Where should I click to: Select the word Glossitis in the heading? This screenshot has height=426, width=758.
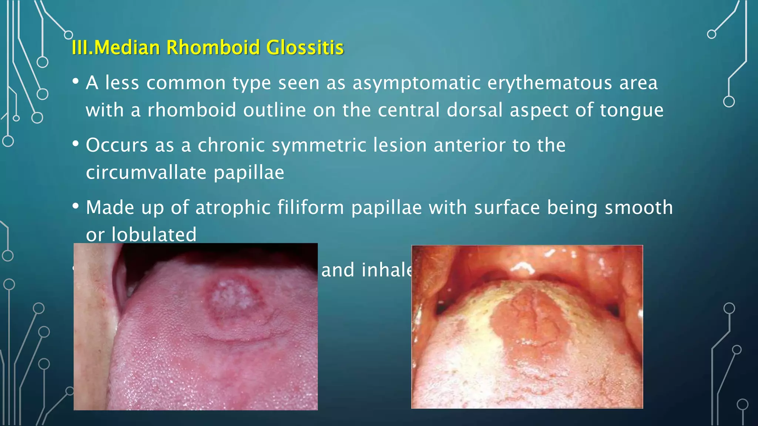305,47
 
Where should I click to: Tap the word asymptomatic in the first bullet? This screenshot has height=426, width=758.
416,83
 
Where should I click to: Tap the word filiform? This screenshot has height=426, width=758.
311,207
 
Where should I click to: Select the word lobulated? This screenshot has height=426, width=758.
154,234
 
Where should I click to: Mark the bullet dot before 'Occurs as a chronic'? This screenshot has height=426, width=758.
76,143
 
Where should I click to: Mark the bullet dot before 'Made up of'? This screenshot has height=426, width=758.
76,206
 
